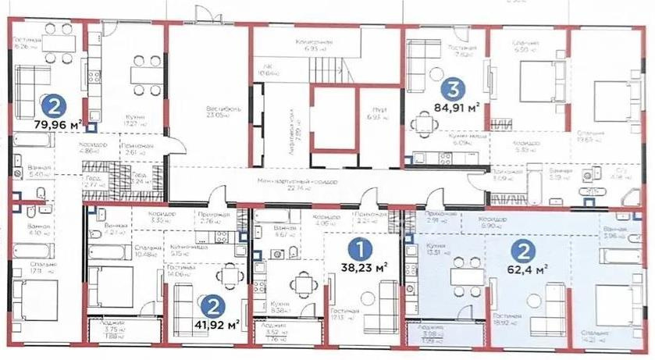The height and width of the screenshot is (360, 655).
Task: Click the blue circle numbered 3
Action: pyautogui.click(x=450, y=90)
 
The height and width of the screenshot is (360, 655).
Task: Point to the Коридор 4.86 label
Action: pyautogui.click(x=93, y=149)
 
